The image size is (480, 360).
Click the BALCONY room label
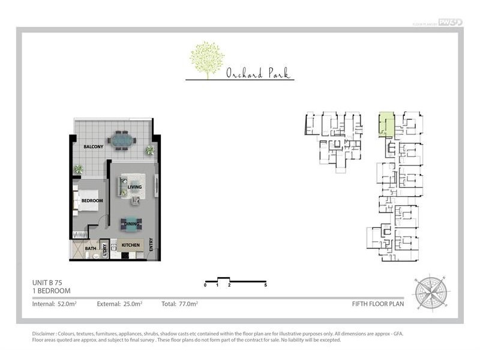point(94,146)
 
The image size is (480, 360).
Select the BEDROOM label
point(92,200)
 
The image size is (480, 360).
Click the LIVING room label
point(134,187)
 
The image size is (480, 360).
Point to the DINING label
point(132,224)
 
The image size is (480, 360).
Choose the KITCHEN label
point(131,245)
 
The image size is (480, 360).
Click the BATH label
point(91,248)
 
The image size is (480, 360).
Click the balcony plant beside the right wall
point(149,150)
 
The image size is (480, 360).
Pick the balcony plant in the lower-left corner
point(78,169)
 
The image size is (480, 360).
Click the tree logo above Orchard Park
point(207,59)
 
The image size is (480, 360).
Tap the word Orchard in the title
point(242,74)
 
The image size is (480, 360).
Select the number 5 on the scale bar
point(265,286)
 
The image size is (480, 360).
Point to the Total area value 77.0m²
point(188,304)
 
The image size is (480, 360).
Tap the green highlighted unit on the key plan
point(385,125)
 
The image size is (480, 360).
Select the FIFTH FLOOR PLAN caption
point(378,304)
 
